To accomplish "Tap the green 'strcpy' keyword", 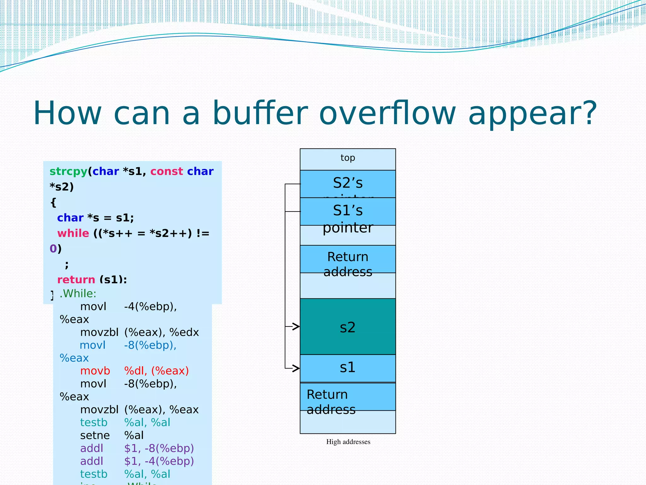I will (x=68, y=171).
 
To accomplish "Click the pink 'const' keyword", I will (x=166, y=171).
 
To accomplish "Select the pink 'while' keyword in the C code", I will (x=73, y=233).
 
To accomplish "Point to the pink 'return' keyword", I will (x=76, y=279).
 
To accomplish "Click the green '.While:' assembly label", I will (x=78, y=294).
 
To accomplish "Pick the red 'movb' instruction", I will (x=95, y=371).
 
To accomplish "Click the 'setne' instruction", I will (x=95, y=435).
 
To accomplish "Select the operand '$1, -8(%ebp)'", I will (x=159, y=448).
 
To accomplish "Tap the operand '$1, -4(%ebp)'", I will (x=159, y=461).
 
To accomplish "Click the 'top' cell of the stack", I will (x=348, y=158).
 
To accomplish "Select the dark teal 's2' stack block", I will (x=348, y=327).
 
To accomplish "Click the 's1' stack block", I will (x=348, y=368).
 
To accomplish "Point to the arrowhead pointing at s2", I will (x=296, y=326).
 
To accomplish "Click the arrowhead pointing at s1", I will (x=296, y=368).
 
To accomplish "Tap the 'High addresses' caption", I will (x=348, y=442).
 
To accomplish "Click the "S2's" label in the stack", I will (x=348, y=183).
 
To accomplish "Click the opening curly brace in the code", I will (x=53, y=202).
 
